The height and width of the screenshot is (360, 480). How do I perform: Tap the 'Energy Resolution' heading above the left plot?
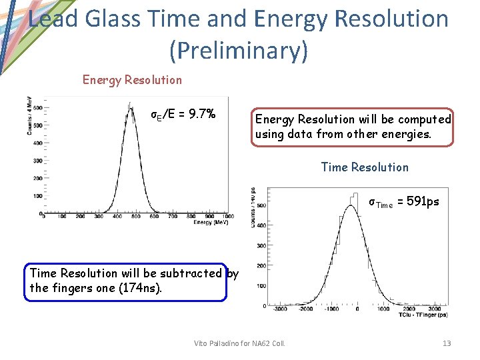point(132,80)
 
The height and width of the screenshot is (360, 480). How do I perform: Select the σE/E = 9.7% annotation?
point(183,114)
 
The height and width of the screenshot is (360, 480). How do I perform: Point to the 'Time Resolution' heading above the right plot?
point(365,167)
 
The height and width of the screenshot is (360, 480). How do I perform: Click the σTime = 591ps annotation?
point(404,202)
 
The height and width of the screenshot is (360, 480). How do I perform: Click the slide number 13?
point(447,343)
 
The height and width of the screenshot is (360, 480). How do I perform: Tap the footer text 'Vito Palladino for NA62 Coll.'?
point(239,343)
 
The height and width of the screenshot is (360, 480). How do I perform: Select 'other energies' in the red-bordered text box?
point(393,134)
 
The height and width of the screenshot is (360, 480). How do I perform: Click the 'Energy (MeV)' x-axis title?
point(213,222)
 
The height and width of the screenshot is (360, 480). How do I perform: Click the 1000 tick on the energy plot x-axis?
point(228,217)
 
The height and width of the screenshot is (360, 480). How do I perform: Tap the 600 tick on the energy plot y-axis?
point(37,107)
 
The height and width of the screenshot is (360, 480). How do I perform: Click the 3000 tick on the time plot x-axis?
point(435,309)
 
